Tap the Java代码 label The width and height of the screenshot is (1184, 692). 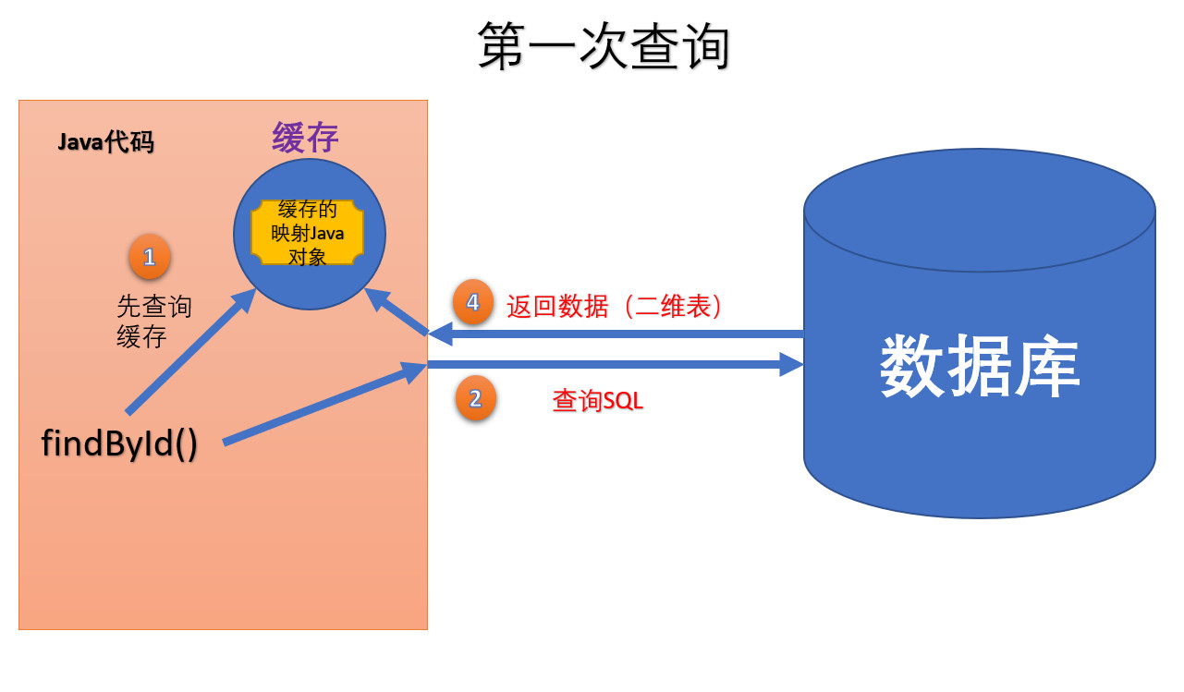point(105,142)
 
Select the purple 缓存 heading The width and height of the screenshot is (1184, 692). point(305,138)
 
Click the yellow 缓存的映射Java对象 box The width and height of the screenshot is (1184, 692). point(307,233)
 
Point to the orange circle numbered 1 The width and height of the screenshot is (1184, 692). point(150,256)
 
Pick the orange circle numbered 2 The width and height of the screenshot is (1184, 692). point(476,399)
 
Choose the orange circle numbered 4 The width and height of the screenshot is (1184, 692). point(473,302)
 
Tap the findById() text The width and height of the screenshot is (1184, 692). point(119,443)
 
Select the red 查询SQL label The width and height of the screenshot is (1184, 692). point(597,401)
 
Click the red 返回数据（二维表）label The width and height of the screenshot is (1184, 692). point(613,306)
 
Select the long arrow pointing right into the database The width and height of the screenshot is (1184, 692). point(615,365)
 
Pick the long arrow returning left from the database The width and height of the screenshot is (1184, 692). point(615,333)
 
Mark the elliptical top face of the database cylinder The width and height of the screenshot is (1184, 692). point(979,210)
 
